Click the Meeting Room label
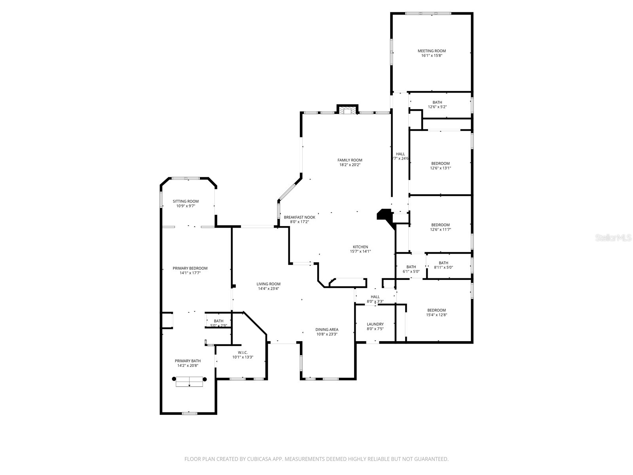coord(432,51)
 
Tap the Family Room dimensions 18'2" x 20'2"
coord(350,165)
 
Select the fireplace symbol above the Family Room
coord(347,111)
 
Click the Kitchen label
coord(360,247)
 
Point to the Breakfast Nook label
coord(299,217)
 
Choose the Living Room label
coord(268,284)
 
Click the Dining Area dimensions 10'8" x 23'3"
coord(326,334)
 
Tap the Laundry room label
coord(375,324)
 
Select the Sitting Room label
coord(186,201)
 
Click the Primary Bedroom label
coord(190,268)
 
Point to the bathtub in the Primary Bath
coord(189,382)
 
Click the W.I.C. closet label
coord(243,352)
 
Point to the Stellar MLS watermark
coord(614,238)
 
